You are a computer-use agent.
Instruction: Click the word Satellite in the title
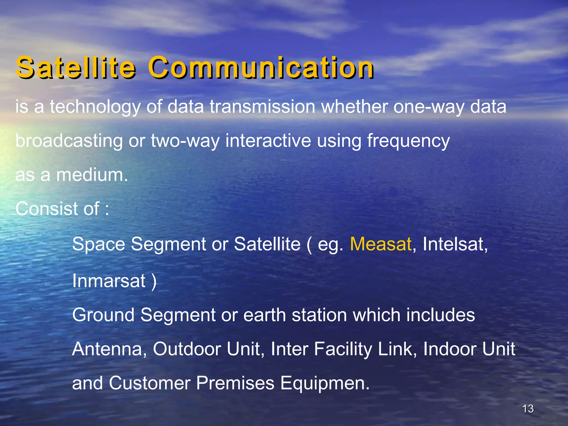pyautogui.click(x=75, y=67)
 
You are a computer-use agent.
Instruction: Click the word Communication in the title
pyautogui.click(x=261, y=67)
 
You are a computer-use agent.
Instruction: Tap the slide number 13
pyautogui.click(x=528, y=409)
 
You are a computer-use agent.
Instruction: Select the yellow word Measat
pyautogui.click(x=381, y=244)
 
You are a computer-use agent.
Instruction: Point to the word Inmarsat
pyautogui.click(x=109, y=281)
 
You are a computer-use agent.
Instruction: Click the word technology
pyautogui.click(x=95, y=107)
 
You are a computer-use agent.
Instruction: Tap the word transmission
pyautogui.click(x=262, y=106)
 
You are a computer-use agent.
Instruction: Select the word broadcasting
pyautogui.click(x=69, y=141)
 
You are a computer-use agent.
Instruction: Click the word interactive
pyautogui.click(x=268, y=141)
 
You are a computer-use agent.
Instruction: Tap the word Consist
pyautogui.click(x=47, y=209)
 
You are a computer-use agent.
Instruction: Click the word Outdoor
pyautogui.click(x=187, y=349)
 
